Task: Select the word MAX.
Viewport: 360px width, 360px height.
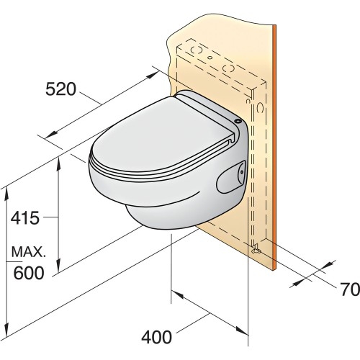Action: [28, 253]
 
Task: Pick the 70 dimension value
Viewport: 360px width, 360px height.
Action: [349, 290]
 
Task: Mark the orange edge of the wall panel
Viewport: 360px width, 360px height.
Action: [276, 144]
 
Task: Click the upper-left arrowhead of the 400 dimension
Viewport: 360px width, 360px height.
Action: [174, 293]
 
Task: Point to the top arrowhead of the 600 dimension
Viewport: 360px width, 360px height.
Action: [6, 189]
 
